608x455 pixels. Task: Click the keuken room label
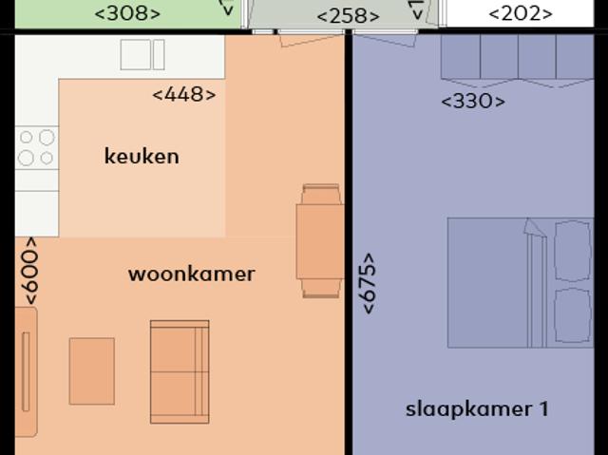[x=141, y=156]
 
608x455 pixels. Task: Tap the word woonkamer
[x=191, y=275]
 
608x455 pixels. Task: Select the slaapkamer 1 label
[x=477, y=409]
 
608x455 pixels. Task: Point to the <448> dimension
[x=183, y=94]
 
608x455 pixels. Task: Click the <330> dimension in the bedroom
[x=473, y=102]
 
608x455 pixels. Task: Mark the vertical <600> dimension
[x=29, y=271]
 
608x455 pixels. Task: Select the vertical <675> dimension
[x=368, y=282]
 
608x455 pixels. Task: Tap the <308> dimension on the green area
[x=128, y=13]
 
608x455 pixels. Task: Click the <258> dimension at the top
[x=348, y=16]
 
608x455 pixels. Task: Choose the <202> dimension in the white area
[x=520, y=13]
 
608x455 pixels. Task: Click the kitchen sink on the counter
[x=142, y=54]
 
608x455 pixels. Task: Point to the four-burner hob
[x=36, y=148]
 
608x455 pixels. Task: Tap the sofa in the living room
[x=180, y=370]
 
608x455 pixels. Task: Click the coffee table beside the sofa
[x=91, y=370]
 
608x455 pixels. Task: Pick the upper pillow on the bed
[x=573, y=250]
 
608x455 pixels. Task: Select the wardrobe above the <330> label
[x=517, y=59]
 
